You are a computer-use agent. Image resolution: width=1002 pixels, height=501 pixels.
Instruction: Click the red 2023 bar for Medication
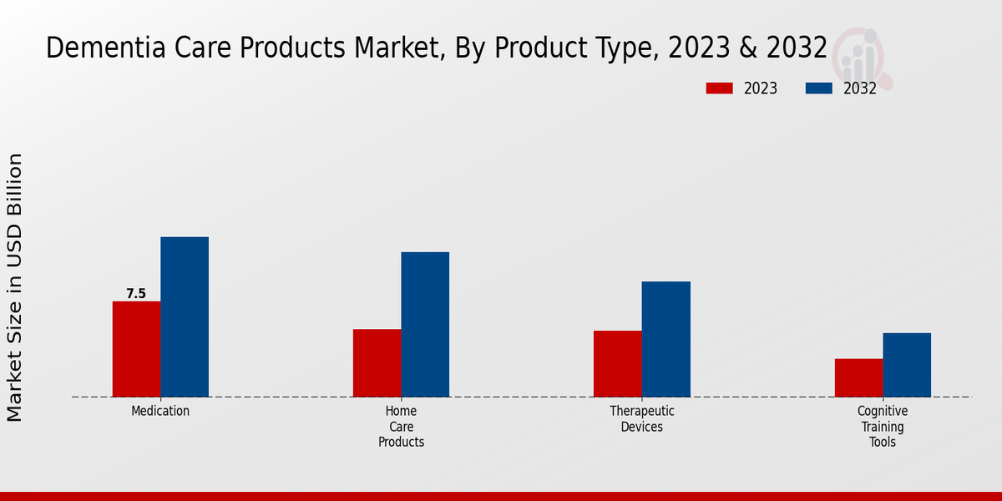[136, 349]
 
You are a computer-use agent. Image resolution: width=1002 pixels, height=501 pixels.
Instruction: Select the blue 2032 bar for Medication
[185, 317]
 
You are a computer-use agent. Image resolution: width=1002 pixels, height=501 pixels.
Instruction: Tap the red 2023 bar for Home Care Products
[377, 363]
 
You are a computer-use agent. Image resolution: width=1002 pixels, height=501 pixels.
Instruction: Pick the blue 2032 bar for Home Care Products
[425, 325]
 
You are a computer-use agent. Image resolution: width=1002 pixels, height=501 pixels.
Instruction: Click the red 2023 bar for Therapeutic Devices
[617, 364]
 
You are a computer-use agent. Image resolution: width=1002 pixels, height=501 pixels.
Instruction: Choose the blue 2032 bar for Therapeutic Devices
[665, 339]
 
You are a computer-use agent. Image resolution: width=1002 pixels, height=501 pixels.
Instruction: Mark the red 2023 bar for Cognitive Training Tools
[858, 377]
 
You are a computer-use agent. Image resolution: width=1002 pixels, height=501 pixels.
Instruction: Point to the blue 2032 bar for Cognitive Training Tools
[907, 365]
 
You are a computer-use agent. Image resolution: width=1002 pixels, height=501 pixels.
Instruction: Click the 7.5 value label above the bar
[136, 294]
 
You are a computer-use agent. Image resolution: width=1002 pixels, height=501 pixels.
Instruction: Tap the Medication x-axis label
[160, 411]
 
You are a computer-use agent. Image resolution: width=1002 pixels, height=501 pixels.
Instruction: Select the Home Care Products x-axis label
[401, 427]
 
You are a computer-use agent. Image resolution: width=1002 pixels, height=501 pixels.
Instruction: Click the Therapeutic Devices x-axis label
[641, 419]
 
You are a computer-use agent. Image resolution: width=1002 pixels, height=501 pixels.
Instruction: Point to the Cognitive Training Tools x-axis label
[883, 427]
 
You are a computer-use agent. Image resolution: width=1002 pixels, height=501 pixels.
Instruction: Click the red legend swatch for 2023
[719, 89]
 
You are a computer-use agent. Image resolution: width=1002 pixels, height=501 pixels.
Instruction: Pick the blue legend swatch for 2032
[818, 89]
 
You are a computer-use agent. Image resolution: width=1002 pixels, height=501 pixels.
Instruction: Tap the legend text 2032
[859, 89]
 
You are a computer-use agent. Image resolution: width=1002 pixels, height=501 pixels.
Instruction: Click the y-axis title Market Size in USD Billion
[15, 287]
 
